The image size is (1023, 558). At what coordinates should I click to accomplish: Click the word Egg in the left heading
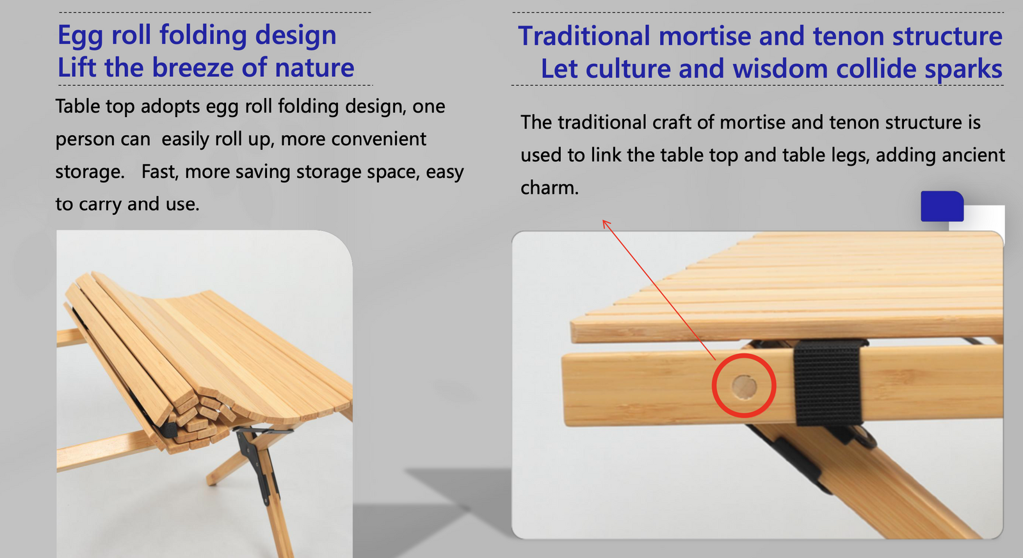[79, 36]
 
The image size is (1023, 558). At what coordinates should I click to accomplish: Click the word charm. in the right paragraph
[549, 187]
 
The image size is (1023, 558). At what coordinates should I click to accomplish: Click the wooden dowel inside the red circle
[745, 387]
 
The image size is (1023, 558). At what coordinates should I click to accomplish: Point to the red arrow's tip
[604, 221]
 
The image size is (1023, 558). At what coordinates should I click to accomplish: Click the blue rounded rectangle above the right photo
[942, 206]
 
